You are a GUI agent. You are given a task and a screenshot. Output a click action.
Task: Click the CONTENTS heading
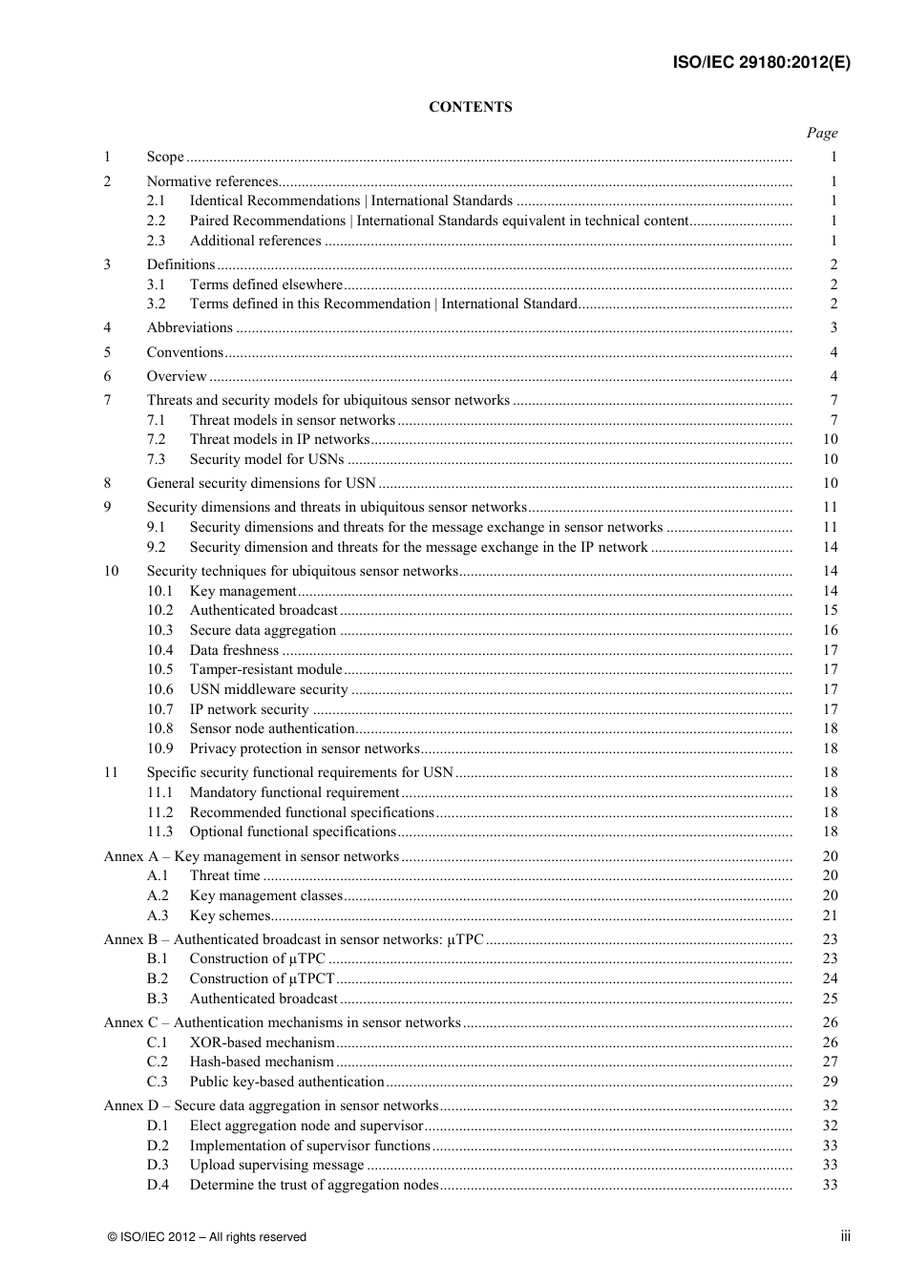tap(470, 107)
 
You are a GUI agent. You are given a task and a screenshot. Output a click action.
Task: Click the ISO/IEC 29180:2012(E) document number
tap(761, 63)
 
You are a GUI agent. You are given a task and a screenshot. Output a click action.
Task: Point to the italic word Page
tap(821, 133)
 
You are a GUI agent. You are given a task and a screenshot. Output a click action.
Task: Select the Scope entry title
tap(165, 157)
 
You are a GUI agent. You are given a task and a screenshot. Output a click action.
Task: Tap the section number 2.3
tap(156, 241)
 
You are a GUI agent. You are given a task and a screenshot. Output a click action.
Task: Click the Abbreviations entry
tap(190, 327)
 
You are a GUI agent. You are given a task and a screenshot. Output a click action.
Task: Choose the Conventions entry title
tap(184, 352)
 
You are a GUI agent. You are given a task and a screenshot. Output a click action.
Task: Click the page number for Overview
tap(833, 376)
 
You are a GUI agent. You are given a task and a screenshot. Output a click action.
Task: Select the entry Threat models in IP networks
tap(279, 439)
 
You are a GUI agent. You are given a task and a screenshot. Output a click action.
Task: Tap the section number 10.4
tap(159, 650)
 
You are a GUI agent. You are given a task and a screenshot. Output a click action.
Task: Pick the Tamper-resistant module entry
tap(265, 669)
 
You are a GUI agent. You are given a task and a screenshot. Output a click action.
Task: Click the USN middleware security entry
tap(268, 689)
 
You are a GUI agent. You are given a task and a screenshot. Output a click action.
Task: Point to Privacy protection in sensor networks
tap(305, 748)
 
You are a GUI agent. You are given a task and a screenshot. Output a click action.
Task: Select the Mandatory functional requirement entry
tap(294, 792)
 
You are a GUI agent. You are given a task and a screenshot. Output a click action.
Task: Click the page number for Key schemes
tap(830, 915)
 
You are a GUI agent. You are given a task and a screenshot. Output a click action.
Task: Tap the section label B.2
tap(157, 978)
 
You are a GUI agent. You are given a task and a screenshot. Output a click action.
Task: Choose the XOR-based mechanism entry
tap(263, 1042)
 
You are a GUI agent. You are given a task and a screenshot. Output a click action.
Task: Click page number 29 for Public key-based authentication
tap(830, 1082)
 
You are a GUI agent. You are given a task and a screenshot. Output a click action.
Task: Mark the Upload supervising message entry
tap(277, 1165)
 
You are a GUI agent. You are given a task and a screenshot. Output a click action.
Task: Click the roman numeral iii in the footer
tap(845, 1236)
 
